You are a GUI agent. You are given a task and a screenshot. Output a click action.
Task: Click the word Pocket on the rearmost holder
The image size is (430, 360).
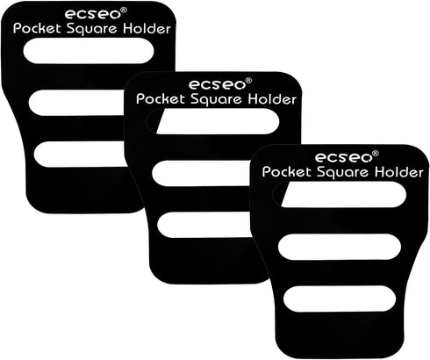[37, 29]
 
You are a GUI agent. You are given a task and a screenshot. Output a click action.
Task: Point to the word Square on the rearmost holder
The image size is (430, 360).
[91, 29]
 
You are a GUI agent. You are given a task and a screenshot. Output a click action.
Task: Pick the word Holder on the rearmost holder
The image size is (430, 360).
[147, 29]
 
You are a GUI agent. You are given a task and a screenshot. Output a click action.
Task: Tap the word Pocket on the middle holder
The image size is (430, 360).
[161, 99]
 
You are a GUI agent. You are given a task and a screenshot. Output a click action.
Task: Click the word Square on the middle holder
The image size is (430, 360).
[216, 100]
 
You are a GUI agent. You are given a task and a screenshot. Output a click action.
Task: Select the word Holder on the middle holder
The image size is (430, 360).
[272, 99]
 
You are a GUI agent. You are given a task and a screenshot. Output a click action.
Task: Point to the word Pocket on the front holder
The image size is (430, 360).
[287, 172]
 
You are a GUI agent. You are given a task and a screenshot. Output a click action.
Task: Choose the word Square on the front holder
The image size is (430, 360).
[342, 173]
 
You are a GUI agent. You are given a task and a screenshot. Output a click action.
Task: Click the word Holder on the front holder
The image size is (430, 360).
[399, 172]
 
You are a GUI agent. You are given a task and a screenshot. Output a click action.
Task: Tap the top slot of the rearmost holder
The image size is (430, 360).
[89, 51]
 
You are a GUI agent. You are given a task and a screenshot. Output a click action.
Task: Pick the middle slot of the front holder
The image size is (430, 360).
[340, 247]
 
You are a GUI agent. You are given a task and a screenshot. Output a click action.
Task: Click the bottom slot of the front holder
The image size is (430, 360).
[340, 299]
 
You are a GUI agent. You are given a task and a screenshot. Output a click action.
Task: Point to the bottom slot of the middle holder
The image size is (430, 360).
[204, 225]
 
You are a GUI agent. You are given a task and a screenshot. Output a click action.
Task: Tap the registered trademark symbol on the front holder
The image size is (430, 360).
[376, 154]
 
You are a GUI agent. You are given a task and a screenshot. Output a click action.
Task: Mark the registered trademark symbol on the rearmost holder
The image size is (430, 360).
[124, 11]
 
